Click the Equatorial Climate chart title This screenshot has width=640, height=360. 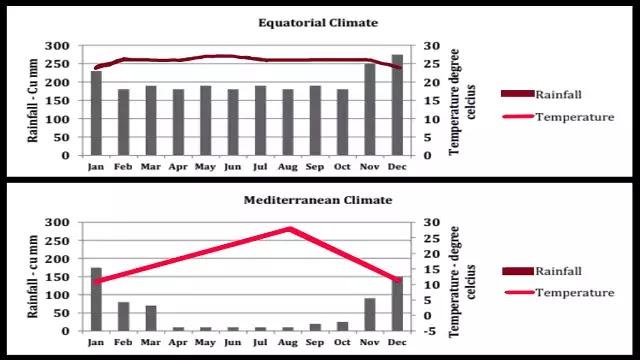(x=319, y=23)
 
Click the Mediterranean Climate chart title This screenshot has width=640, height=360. (x=319, y=200)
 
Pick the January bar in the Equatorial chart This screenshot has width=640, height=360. (x=96, y=113)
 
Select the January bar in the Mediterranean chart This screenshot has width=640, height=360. (x=96, y=299)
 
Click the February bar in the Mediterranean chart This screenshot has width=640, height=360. (x=123, y=316)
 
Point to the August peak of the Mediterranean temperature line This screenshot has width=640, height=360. (x=289, y=229)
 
